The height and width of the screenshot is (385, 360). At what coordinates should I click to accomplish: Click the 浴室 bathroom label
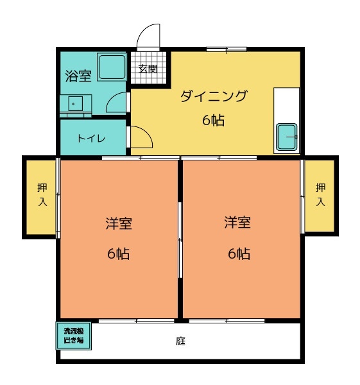pos(78,75)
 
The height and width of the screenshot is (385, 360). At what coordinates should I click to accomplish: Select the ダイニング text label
pos(214,97)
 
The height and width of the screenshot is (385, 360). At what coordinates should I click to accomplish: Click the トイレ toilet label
pos(92,138)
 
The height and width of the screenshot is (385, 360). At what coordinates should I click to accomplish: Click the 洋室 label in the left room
pos(119,224)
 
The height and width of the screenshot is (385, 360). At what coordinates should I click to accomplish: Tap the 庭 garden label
pos(181,341)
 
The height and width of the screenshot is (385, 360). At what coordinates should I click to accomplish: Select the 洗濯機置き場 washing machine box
pos(74,336)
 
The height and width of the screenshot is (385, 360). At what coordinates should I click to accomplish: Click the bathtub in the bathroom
pos(112,67)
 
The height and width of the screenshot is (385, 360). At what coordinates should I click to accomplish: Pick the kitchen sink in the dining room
pos(286,137)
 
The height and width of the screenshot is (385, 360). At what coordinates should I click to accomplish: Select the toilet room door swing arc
pos(141,137)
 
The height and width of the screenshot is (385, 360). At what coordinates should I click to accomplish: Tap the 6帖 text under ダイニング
pos(214,120)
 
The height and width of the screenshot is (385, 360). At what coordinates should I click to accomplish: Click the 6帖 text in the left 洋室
pos(119,253)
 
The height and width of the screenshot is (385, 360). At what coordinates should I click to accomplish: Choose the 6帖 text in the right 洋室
pos(239,253)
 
